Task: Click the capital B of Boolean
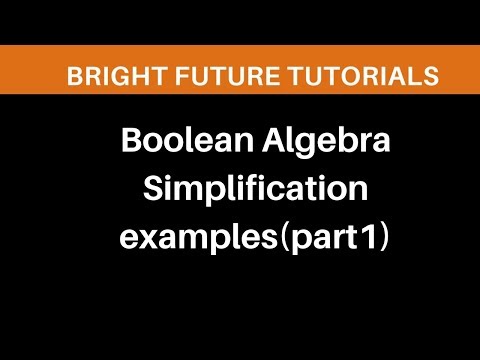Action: coord(129,144)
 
